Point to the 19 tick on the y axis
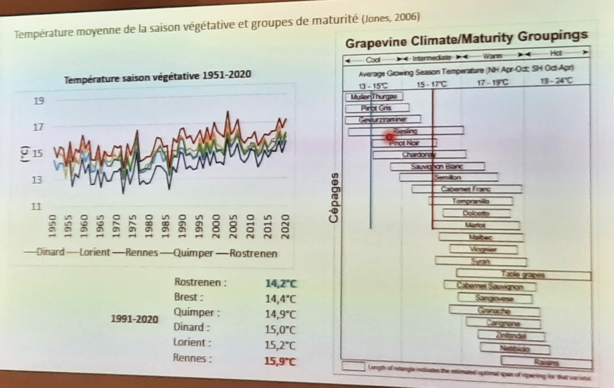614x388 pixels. tap(39, 101)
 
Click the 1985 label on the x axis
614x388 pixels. tap(166, 226)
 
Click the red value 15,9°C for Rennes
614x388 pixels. tap(280, 362)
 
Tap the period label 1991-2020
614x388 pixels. tap(134, 319)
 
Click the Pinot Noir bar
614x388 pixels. tap(404, 143)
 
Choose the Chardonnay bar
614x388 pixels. tap(419, 155)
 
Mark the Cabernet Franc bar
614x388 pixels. tap(466, 189)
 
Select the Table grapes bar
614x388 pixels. tap(523, 275)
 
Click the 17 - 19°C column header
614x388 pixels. tap(492, 82)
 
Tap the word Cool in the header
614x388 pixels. tap(373, 60)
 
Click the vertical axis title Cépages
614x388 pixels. tap(333, 198)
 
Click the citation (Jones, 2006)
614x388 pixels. tap(390, 18)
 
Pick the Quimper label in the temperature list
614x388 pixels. tap(197, 313)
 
